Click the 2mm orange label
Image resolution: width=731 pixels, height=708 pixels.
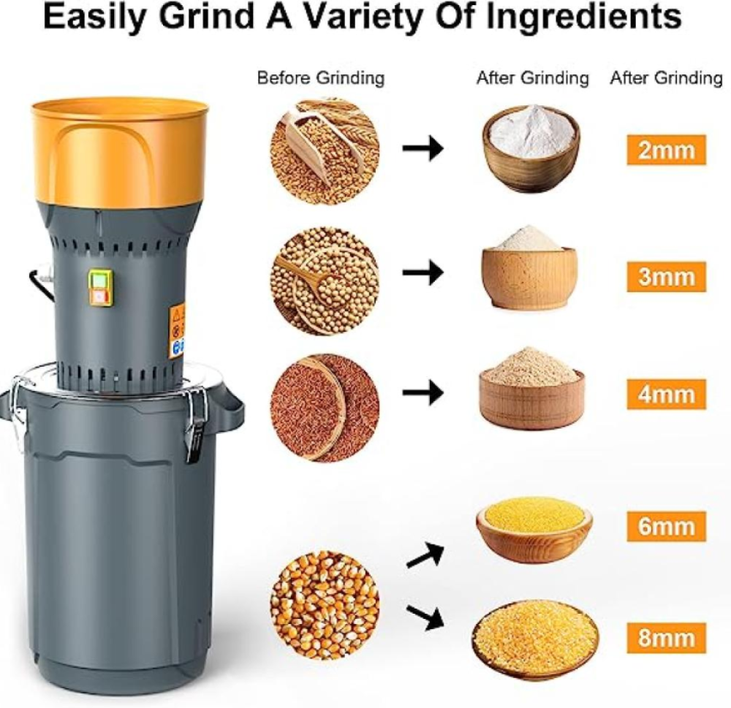pos(666,150)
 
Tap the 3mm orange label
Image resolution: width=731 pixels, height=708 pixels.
pos(666,276)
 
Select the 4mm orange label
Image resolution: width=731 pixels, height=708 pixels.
pos(666,395)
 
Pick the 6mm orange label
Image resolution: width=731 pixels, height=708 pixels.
pos(666,526)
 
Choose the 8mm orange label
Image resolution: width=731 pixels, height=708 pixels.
pos(666,638)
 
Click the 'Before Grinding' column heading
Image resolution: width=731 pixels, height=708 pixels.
pos(321,78)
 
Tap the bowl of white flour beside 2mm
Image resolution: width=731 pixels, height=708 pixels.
pos(531,148)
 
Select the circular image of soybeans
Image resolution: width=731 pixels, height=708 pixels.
pos(325,278)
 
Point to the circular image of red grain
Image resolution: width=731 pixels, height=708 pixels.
pos(325,408)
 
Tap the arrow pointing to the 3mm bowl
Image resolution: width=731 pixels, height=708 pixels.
pos(423,273)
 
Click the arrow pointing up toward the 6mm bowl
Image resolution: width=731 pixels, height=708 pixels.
pos(425,554)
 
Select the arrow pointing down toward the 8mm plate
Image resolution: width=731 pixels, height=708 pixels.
pos(425,616)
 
